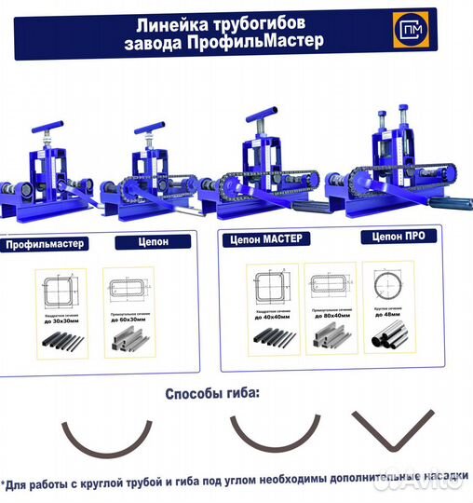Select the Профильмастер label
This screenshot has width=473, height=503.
click(44, 245)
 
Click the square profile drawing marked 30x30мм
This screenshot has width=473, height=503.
click(61, 289)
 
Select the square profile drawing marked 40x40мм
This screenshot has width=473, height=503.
click(271, 287)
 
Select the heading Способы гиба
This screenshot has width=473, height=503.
click(212, 393)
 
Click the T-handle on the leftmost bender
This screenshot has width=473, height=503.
click(49, 126)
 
